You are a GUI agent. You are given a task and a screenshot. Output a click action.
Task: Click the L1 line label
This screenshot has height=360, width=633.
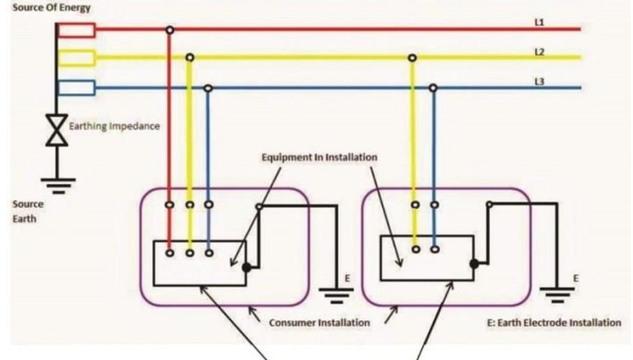(x=539, y=23)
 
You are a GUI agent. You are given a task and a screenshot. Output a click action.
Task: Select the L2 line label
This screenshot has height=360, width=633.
(x=539, y=52)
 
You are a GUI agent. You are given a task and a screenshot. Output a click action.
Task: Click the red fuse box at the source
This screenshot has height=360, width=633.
(x=76, y=30)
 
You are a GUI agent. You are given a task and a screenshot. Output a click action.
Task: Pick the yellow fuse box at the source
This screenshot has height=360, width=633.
(x=76, y=58)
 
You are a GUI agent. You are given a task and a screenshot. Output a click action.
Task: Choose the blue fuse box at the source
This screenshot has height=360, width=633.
(x=76, y=88)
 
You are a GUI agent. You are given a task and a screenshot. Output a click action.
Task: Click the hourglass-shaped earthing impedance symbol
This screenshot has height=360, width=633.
(x=56, y=129)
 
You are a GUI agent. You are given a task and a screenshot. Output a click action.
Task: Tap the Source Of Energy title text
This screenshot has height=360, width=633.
(x=45, y=7)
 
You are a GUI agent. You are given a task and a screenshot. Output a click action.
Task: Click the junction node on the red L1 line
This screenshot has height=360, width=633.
(x=169, y=30)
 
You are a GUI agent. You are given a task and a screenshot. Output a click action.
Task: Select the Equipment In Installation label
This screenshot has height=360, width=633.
(x=319, y=157)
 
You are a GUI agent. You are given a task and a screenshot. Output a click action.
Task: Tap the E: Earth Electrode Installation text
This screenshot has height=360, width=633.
(x=554, y=322)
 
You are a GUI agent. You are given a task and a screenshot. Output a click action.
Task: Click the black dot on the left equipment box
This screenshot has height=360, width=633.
(x=247, y=266)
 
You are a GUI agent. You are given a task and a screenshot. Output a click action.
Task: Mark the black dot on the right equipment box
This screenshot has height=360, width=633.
(x=473, y=264)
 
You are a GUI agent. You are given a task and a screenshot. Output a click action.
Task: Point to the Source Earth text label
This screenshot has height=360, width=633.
(x=28, y=211)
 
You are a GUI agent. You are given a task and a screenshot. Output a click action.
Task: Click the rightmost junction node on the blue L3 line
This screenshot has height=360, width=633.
(x=433, y=88)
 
